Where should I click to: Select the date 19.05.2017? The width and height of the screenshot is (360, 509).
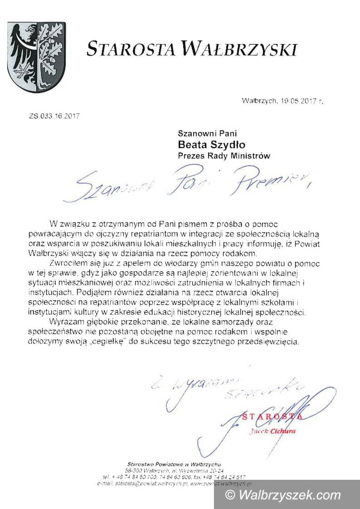[x=297, y=101]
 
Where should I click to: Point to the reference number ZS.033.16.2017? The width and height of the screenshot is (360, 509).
[x=55, y=116]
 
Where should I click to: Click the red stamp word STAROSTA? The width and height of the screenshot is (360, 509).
[x=273, y=417]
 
